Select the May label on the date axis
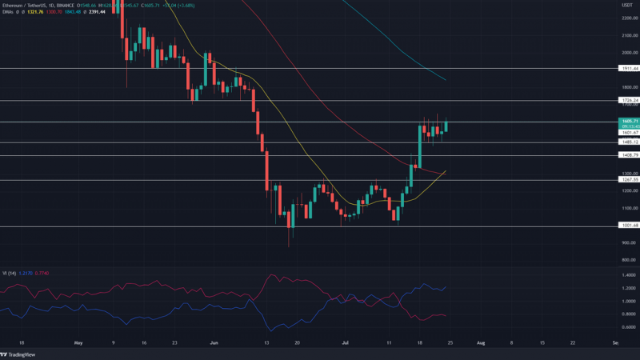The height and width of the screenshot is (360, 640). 78,342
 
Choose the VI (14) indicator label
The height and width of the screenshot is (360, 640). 10,273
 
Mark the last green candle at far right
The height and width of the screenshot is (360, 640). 446,126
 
